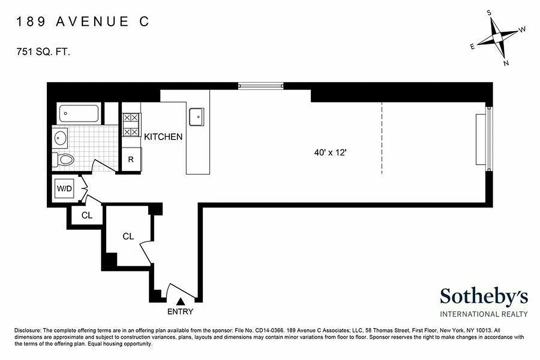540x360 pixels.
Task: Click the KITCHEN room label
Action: tap(163, 137)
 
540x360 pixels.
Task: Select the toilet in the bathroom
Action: tap(64, 159)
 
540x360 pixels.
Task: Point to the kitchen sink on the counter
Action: tap(197, 117)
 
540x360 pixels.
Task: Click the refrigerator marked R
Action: tap(131, 159)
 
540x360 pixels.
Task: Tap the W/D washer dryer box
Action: tap(64, 189)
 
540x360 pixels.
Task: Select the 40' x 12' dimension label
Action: tap(329, 153)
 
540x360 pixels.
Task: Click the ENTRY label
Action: tap(180, 311)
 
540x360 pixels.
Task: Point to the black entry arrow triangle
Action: tap(180, 302)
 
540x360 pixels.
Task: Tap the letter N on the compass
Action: tap(506, 63)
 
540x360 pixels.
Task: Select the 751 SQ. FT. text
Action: tap(43, 52)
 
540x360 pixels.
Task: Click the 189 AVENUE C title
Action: tap(82, 22)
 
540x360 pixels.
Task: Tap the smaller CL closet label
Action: tap(87, 216)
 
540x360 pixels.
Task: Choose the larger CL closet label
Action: tap(128, 236)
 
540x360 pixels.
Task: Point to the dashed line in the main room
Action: tap(382, 138)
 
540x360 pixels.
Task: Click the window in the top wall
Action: tap(261, 85)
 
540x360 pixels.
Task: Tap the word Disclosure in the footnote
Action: tap(28, 329)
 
